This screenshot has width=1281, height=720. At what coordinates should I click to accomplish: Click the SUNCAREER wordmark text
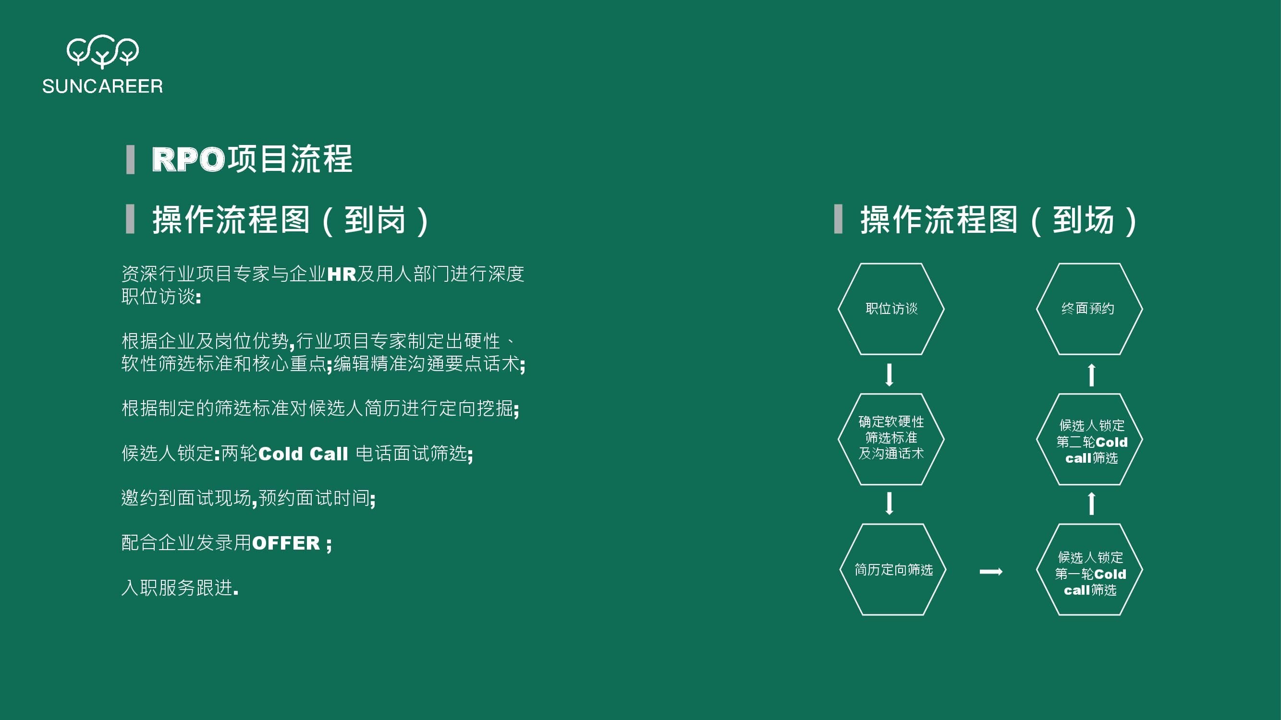(102, 86)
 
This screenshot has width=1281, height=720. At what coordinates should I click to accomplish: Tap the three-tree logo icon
(102, 51)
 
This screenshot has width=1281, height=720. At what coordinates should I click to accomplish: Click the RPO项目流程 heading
(252, 159)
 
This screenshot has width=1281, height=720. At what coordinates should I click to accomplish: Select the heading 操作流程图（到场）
(999, 220)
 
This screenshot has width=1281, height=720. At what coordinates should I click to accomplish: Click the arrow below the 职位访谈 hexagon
(890, 375)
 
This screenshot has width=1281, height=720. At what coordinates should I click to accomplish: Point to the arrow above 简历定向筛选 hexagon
(890, 504)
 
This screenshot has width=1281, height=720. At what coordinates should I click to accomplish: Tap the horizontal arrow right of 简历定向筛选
(991, 572)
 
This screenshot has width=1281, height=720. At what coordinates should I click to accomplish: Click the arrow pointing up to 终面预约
(1092, 375)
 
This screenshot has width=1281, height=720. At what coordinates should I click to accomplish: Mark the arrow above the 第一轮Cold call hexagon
(1092, 504)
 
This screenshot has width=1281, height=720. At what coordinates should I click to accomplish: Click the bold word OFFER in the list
(286, 543)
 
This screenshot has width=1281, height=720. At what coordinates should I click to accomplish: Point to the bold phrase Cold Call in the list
(303, 454)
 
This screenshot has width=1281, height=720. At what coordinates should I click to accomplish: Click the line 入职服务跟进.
(180, 588)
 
